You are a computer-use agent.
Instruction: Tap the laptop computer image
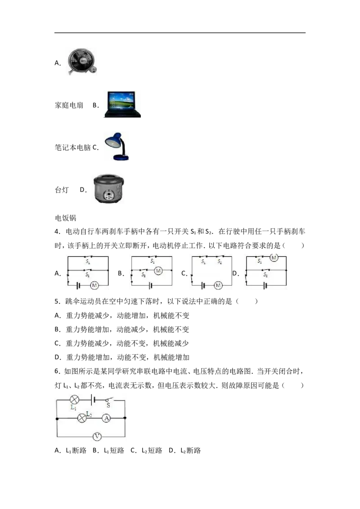pos(122,104)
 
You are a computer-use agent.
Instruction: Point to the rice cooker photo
pos(109,189)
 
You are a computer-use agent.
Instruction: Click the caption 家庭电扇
pos(69,105)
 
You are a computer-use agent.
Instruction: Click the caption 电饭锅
pos(66,218)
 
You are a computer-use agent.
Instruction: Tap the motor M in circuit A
pos(94,286)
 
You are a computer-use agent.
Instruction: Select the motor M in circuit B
pos(158,270)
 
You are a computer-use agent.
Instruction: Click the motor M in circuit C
pos(218,286)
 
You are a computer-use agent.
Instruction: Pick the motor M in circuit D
pos(274,258)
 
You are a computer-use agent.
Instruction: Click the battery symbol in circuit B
pos(150,286)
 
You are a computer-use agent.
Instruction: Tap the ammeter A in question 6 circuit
pos(107,418)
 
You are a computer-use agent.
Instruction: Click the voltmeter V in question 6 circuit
pos(97,437)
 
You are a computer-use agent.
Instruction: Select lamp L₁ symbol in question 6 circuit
pos(75,400)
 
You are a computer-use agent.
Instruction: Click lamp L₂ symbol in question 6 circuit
pos(82,418)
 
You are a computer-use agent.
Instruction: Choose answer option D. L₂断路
pos(185,450)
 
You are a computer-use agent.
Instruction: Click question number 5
pos(57,301)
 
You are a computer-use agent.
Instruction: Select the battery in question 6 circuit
pos(94,399)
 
